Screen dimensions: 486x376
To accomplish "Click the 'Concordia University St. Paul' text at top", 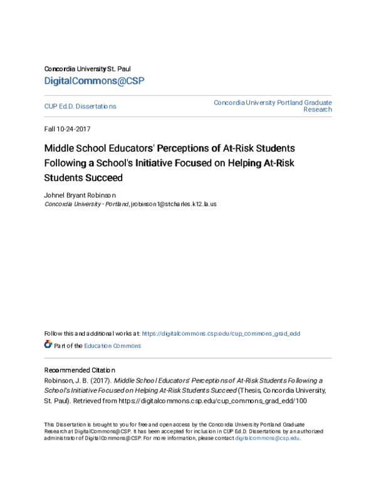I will pyautogui.click(x=87, y=68).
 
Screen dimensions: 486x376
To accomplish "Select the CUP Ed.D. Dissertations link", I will pyautogui.click(x=80, y=106).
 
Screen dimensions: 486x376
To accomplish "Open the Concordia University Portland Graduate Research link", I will pyautogui.click(x=273, y=105).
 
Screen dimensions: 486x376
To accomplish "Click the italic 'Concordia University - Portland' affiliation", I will pyautogui.click(x=86, y=204).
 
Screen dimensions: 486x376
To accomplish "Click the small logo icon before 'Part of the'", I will pyautogui.click(x=48, y=344).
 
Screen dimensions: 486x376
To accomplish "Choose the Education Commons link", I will pyautogui.click(x=113, y=345).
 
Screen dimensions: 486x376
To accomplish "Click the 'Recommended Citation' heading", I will pyautogui.click(x=80, y=370).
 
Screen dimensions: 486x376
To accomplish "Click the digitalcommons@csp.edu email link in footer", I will pyautogui.click(x=268, y=438).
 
